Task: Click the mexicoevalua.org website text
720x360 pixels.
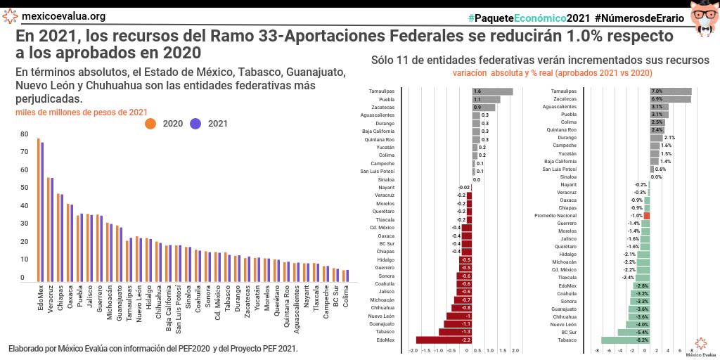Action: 63,16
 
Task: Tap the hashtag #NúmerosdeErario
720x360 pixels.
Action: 641,16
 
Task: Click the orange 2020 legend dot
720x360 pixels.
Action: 150,124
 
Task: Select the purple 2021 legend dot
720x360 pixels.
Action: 196,124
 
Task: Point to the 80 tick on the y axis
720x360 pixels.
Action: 24,134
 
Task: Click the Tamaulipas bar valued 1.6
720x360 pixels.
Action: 492,91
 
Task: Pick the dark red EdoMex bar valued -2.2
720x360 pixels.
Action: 443,340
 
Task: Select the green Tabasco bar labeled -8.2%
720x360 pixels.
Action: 625,340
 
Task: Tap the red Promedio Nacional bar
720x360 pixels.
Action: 647,216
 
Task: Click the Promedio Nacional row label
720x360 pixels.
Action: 555,216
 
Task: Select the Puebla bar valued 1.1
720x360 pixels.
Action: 486,100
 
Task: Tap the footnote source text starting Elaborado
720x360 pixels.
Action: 153,349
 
